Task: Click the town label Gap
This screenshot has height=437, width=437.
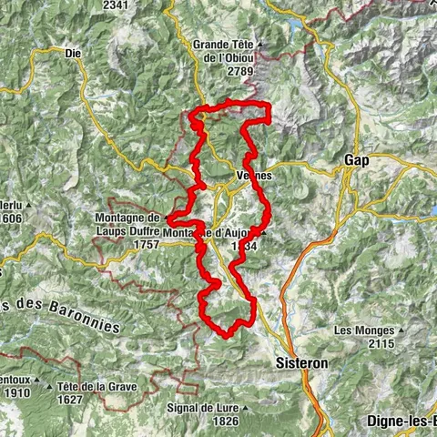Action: tap(356, 160)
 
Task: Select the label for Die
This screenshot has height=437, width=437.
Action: tap(74, 54)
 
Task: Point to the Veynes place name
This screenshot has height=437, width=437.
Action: tap(253, 176)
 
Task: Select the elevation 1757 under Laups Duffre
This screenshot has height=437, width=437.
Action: tap(145, 245)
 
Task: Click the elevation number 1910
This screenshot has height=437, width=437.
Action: tap(17, 393)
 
